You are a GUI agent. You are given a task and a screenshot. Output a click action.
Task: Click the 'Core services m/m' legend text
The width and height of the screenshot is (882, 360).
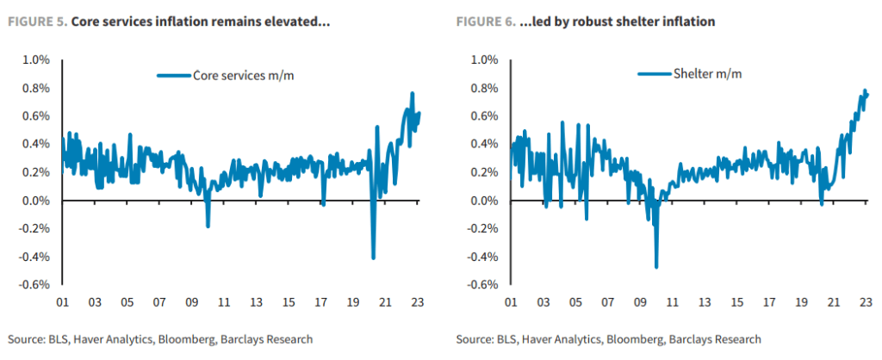(x=245, y=76)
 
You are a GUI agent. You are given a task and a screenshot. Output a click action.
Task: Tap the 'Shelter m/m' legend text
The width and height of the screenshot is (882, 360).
(x=706, y=74)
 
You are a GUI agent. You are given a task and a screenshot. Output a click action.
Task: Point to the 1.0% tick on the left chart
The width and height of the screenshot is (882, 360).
(x=35, y=60)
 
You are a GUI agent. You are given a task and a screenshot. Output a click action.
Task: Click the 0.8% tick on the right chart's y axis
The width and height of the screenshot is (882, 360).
(x=483, y=88)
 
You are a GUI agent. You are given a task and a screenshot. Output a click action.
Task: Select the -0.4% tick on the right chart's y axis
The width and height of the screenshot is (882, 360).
(x=481, y=257)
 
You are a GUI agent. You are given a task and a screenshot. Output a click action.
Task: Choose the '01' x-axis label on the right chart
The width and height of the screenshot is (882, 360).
(x=510, y=303)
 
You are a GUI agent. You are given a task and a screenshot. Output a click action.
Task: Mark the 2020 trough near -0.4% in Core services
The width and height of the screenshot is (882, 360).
(x=373, y=258)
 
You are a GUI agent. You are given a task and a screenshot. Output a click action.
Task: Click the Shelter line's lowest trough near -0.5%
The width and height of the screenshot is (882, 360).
(x=656, y=267)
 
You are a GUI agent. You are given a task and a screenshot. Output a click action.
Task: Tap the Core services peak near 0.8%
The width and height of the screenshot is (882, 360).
(x=413, y=93)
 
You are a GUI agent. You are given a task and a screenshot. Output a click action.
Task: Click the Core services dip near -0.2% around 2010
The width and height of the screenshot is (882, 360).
(x=208, y=226)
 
